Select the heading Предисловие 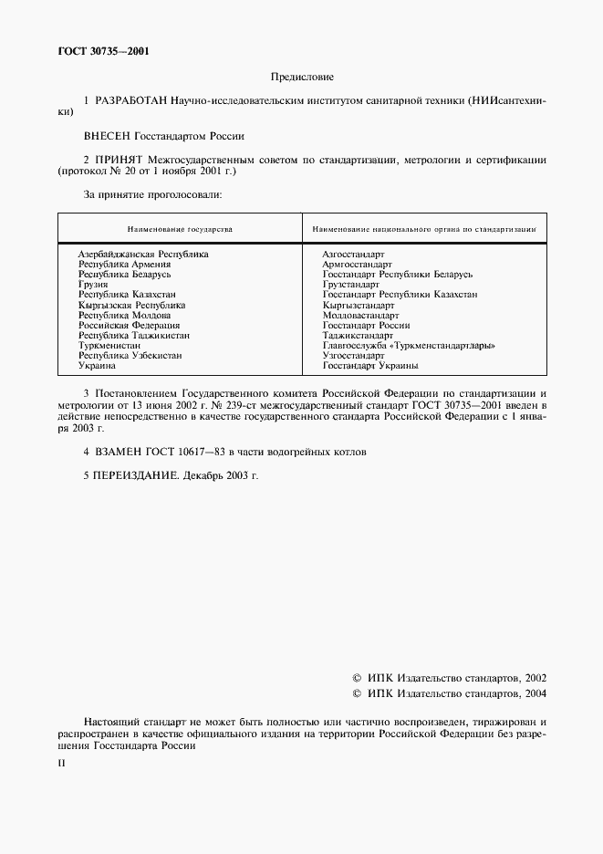301,78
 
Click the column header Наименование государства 180,228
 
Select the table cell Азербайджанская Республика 143,255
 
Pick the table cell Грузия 93,285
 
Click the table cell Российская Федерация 129,325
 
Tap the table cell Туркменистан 109,346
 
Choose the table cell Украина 97,366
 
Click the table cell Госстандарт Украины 370,366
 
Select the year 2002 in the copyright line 530,679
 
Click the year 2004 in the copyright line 530,695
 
